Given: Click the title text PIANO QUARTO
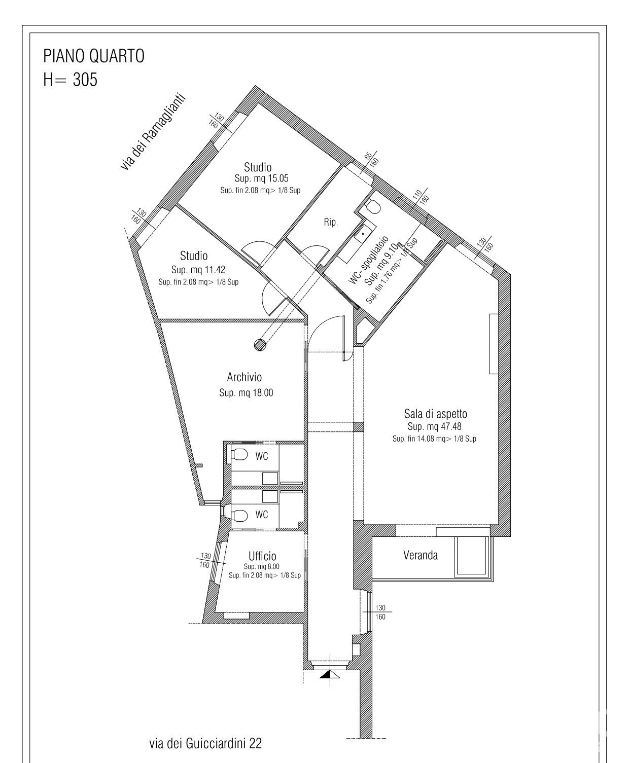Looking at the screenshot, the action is (94, 56).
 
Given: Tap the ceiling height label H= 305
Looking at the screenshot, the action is (70, 79).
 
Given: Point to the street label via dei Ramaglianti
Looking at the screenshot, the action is (153, 132).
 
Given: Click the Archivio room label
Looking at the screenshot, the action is (244, 377).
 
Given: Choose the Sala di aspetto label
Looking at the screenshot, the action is (436, 414).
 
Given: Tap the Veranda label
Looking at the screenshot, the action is (421, 555).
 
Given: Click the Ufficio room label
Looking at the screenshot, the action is (262, 556).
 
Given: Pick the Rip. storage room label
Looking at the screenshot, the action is (331, 222).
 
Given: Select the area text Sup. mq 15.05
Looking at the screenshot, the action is (261, 178).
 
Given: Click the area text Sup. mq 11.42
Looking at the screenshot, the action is (198, 270).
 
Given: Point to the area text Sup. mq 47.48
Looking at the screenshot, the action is (434, 426).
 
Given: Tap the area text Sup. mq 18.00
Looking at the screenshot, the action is (246, 393).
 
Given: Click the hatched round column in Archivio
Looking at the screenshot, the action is (260, 345).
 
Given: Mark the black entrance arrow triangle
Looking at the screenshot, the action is (327, 674).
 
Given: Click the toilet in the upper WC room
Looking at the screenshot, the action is (240, 455).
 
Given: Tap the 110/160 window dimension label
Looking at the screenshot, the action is (421, 197).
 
